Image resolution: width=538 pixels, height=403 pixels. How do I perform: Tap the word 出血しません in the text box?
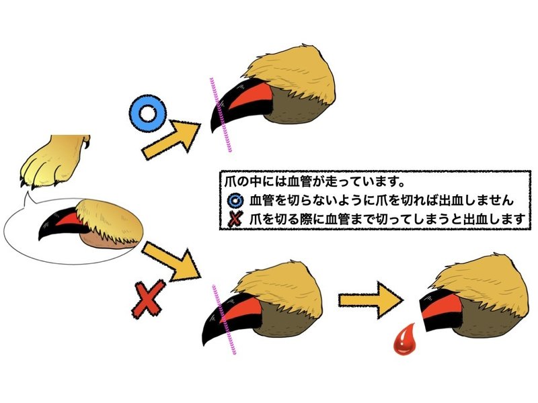tap(484, 200)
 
